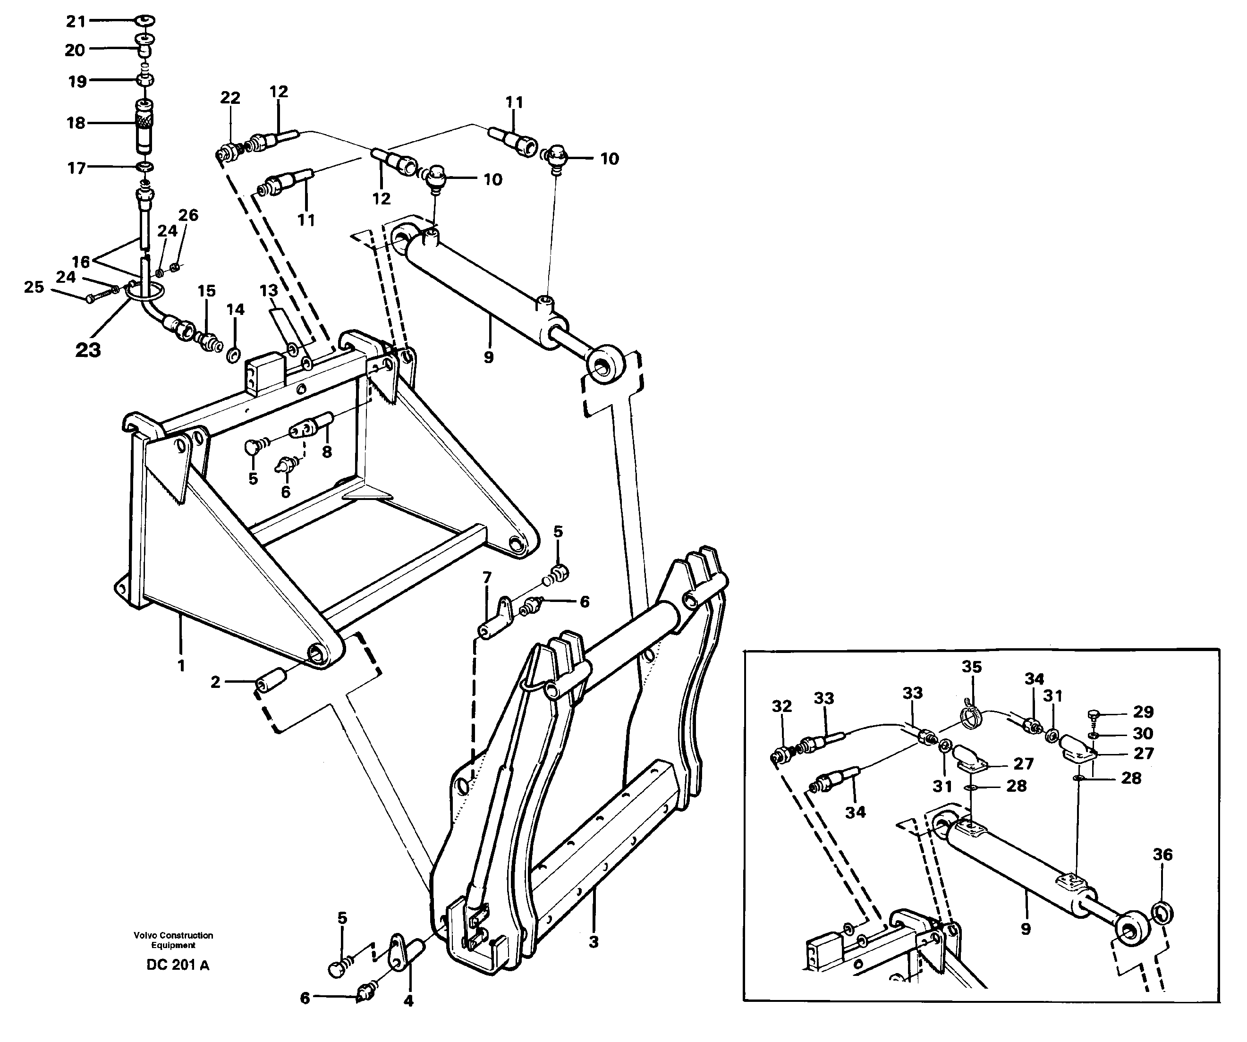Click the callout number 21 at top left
click(76, 22)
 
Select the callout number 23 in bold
click(88, 350)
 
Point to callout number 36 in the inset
click(1162, 855)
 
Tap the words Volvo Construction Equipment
click(173, 940)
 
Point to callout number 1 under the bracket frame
click(181, 666)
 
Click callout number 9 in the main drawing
click(488, 357)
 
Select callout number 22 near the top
click(230, 98)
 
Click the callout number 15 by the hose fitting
click(206, 291)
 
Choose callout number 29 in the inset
click(1143, 712)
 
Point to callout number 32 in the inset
click(781, 706)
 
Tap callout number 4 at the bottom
click(408, 1000)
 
